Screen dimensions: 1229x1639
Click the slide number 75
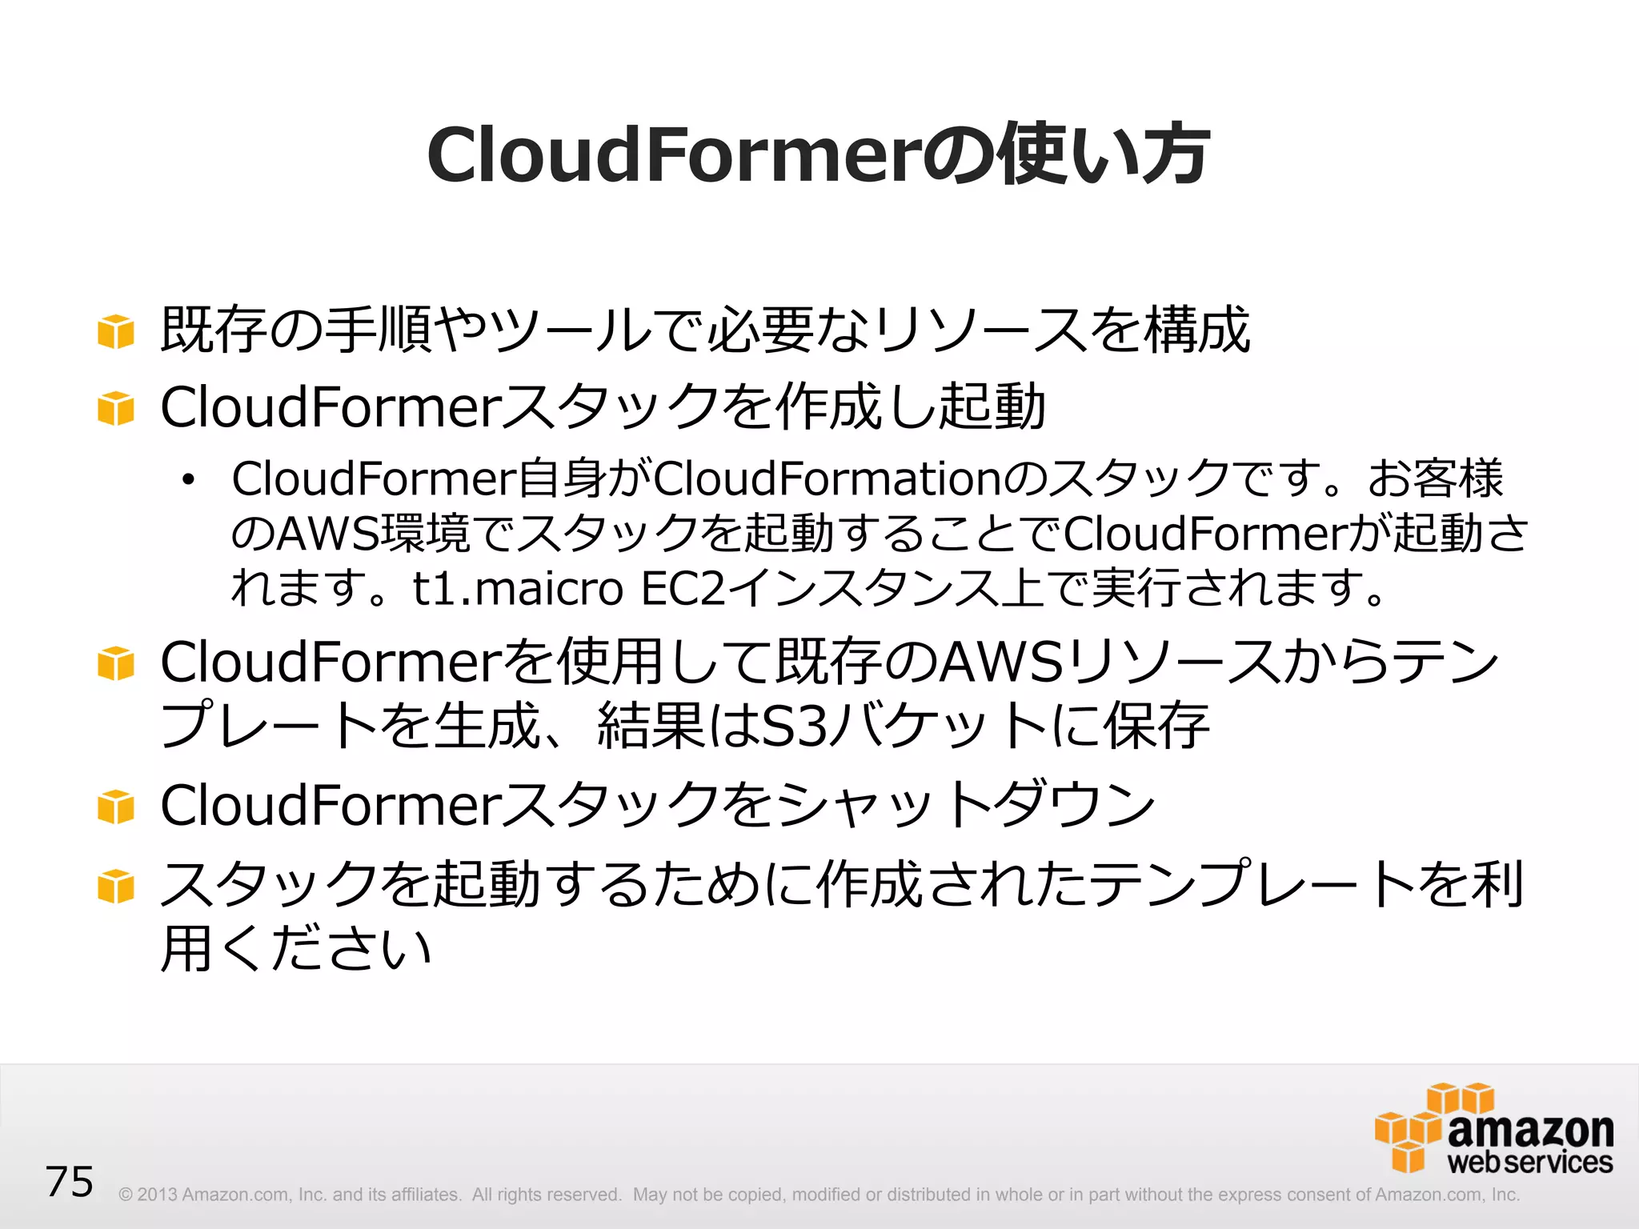pyautogui.click(x=70, y=1182)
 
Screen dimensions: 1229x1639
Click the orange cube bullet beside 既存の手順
pyautogui.click(x=116, y=331)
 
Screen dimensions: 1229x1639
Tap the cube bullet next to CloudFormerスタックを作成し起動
pyautogui.click(x=116, y=408)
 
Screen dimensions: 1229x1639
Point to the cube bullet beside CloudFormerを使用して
pyautogui.click(x=116, y=663)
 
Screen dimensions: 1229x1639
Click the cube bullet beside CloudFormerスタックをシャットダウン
pyautogui.click(x=116, y=807)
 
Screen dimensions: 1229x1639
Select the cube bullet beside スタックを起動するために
pyautogui.click(x=116, y=886)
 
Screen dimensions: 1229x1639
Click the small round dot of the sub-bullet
pyautogui.click(x=188, y=480)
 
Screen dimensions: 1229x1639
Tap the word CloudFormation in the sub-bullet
pyautogui.click(x=828, y=478)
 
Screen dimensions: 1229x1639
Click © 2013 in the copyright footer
pyautogui.click(x=147, y=1195)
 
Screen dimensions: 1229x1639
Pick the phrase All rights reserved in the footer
pyautogui.click(x=547, y=1195)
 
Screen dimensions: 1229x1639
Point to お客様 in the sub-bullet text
pyautogui.click(x=1436, y=478)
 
